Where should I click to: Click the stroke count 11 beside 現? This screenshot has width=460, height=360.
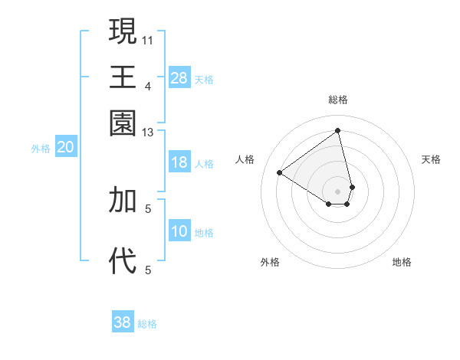[x=148, y=39]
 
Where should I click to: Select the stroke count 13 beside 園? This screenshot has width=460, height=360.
[x=148, y=133]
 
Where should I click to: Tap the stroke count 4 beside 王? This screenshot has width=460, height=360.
[x=148, y=86]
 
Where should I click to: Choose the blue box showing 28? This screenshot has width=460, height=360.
[x=179, y=77]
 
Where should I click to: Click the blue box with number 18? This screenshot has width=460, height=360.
[x=179, y=162]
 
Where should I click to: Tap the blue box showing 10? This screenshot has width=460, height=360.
[x=179, y=231]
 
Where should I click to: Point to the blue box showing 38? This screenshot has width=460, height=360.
[x=123, y=322]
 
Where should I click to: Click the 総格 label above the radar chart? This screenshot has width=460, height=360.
[x=338, y=100]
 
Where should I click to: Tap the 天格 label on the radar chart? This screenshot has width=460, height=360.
[x=431, y=159]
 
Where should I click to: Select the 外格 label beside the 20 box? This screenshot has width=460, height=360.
[x=41, y=149]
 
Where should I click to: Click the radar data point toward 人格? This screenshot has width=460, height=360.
[x=280, y=173]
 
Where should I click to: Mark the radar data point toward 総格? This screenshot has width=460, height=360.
[x=338, y=130]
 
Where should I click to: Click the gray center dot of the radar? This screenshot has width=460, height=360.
[x=338, y=191]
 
